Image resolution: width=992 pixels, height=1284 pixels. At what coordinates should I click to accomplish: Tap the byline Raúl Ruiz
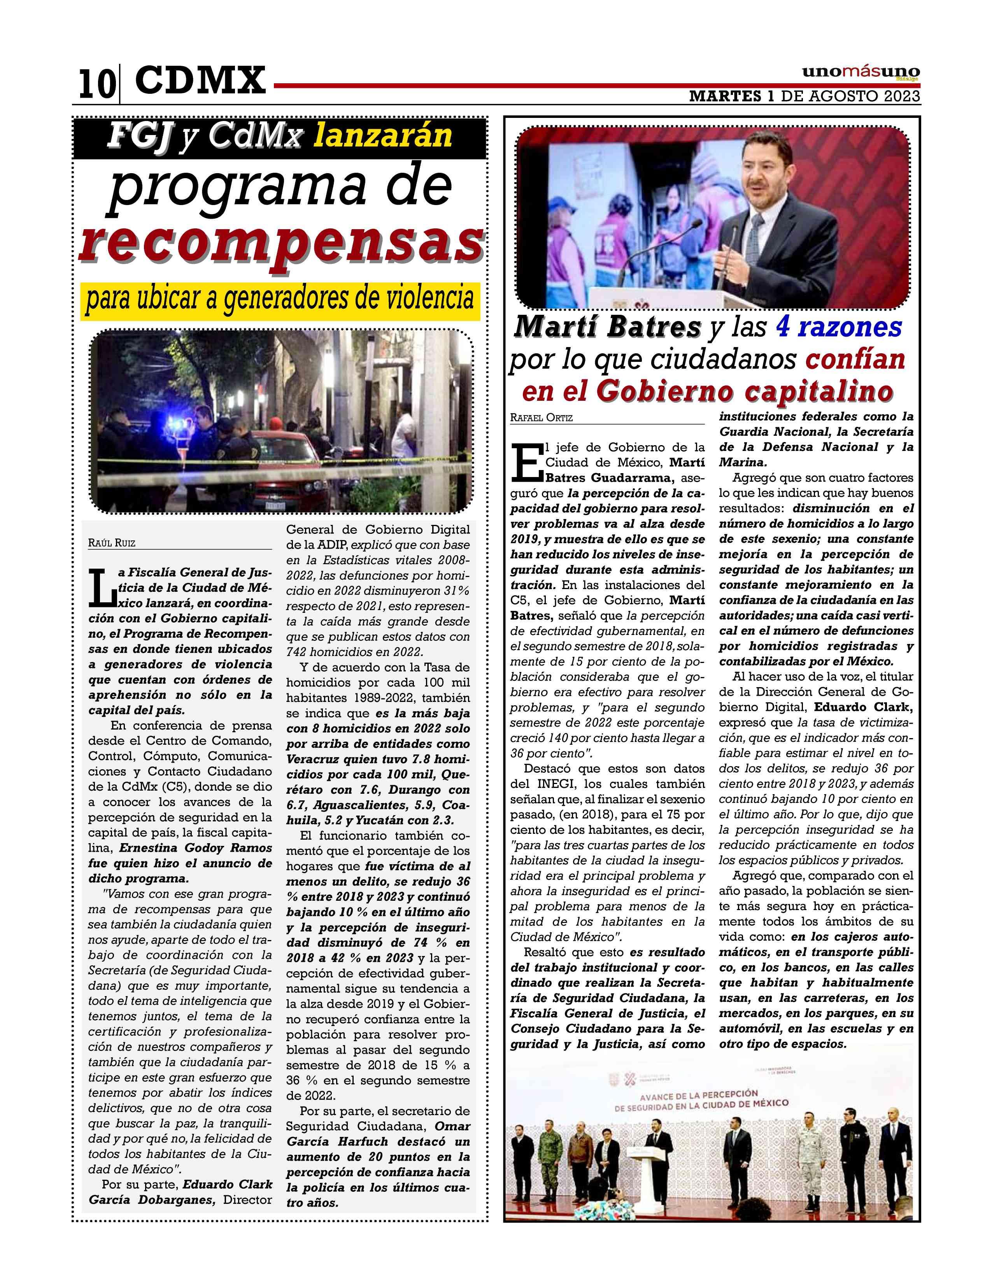coord(112,543)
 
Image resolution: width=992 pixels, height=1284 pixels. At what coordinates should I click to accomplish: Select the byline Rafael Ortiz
coord(541,418)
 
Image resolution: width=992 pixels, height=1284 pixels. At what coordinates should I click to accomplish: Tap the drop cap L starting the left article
coord(103,588)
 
